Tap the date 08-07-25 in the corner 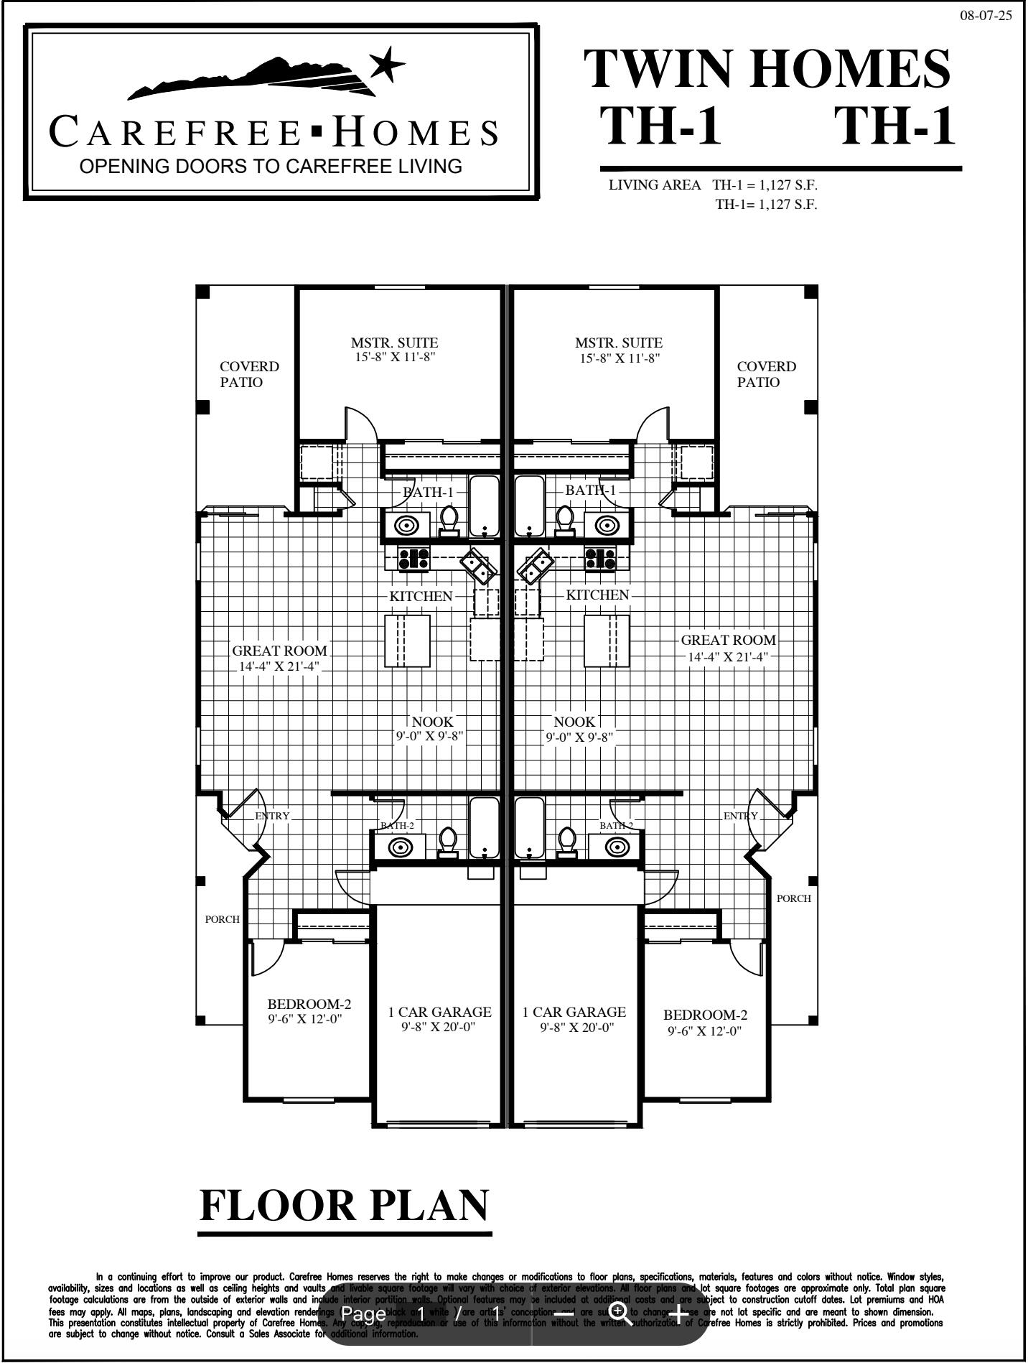(986, 16)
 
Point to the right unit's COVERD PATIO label (766, 374)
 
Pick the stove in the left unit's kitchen (414, 558)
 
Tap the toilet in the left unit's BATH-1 (449, 520)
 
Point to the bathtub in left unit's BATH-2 (484, 827)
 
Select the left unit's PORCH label (222, 919)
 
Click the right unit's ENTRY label (740, 816)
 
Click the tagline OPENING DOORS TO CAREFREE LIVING (271, 167)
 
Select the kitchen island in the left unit (408, 641)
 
